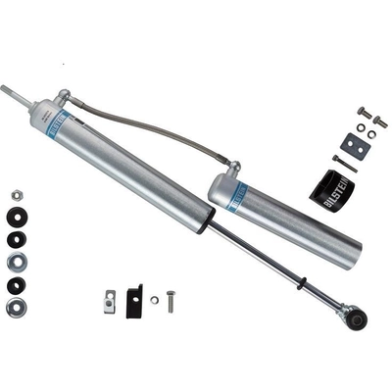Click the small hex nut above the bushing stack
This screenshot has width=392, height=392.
[x=18, y=196]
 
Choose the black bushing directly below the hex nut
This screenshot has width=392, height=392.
[x=18, y=218]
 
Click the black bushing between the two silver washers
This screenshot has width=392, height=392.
[x=18, y=284]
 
